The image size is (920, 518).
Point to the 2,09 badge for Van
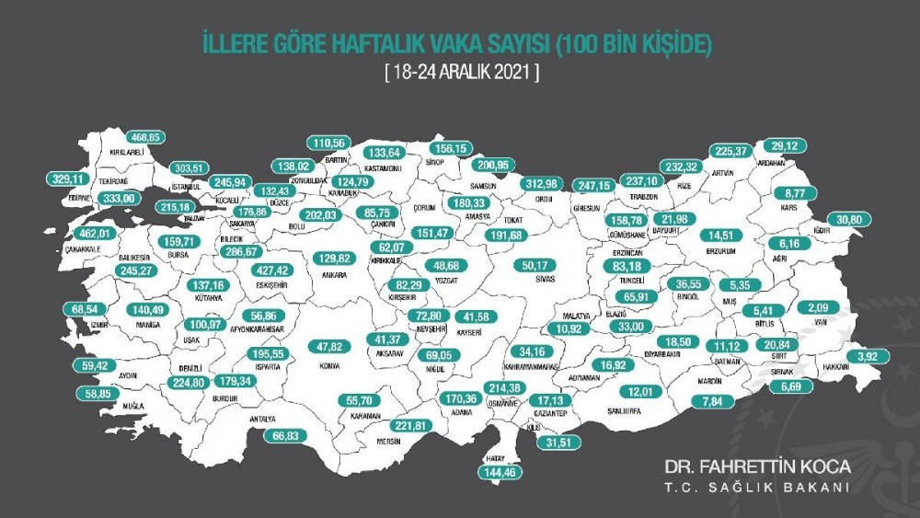coord(818,307)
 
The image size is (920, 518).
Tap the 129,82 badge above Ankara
coord(334,259)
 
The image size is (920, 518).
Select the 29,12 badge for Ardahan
coord(785,145)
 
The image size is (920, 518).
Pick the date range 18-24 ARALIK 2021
coord(461,71)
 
